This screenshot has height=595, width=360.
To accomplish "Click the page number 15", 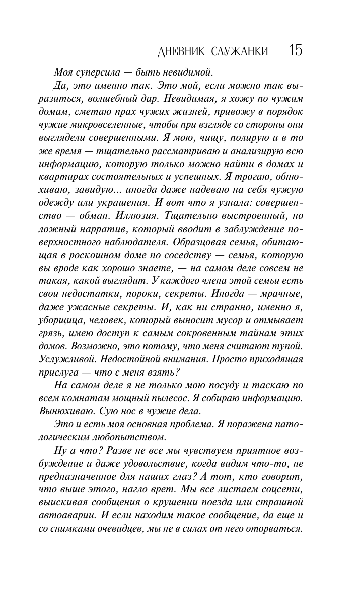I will (x=296, y=51).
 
